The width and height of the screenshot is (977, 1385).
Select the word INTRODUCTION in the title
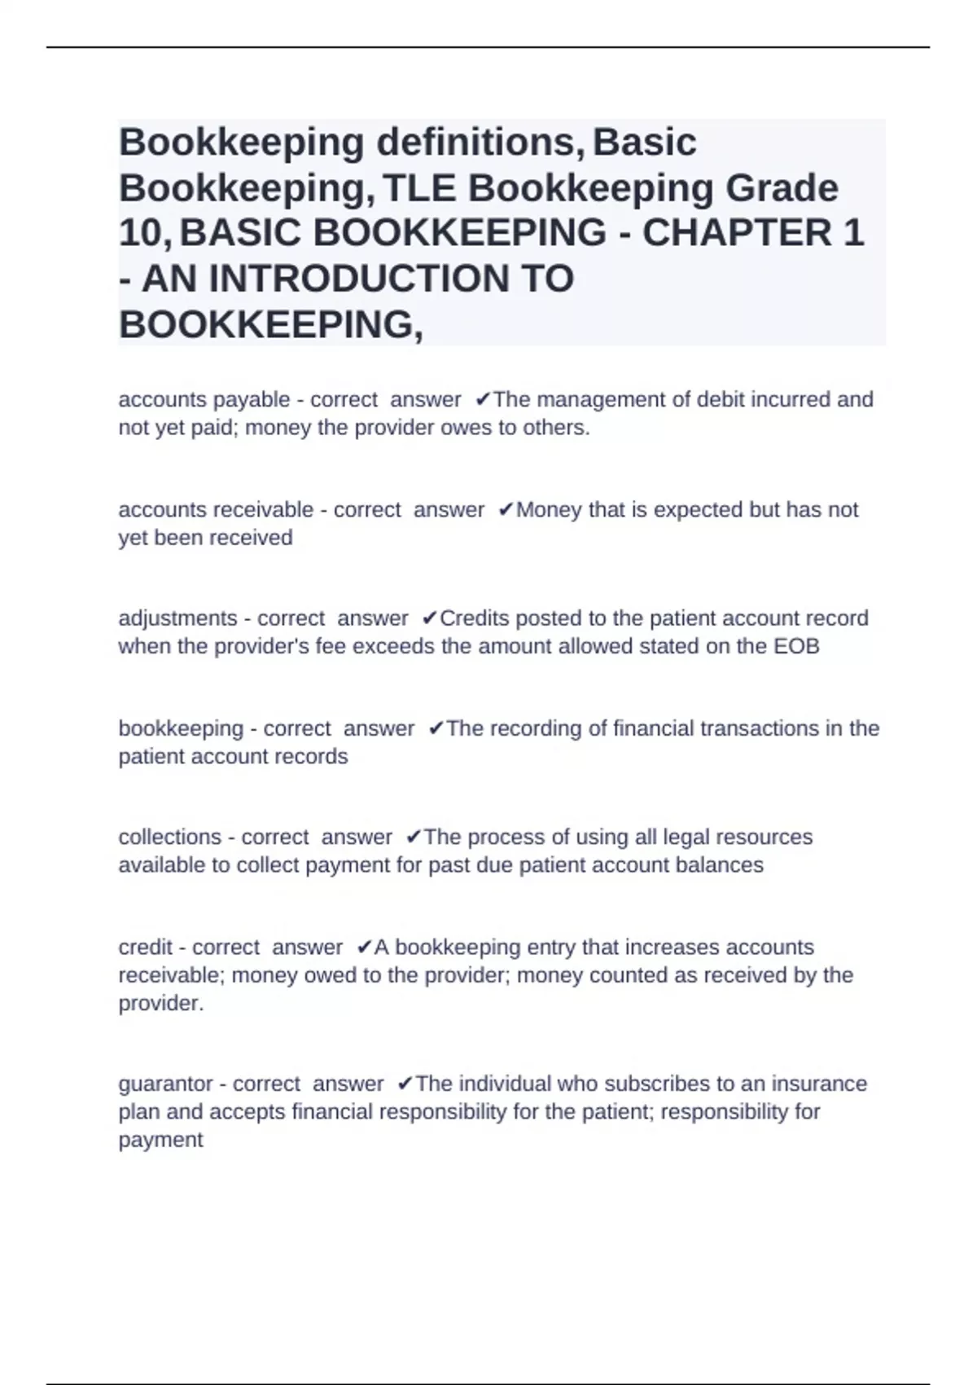[391, 279]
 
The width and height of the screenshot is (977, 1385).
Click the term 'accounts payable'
[204, 400]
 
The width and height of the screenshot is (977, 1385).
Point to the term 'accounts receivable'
[216, 510]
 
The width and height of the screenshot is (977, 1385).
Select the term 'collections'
[169, 838]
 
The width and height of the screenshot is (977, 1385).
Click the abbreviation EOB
[796, 647]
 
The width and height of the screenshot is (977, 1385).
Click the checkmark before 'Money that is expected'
[506, 510]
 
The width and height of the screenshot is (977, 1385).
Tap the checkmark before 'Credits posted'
[430, 619]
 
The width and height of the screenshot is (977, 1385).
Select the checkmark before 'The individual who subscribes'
[405, 1084]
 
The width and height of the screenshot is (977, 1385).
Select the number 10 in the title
[142, 234]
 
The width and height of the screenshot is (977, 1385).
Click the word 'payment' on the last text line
[160, 1140]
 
